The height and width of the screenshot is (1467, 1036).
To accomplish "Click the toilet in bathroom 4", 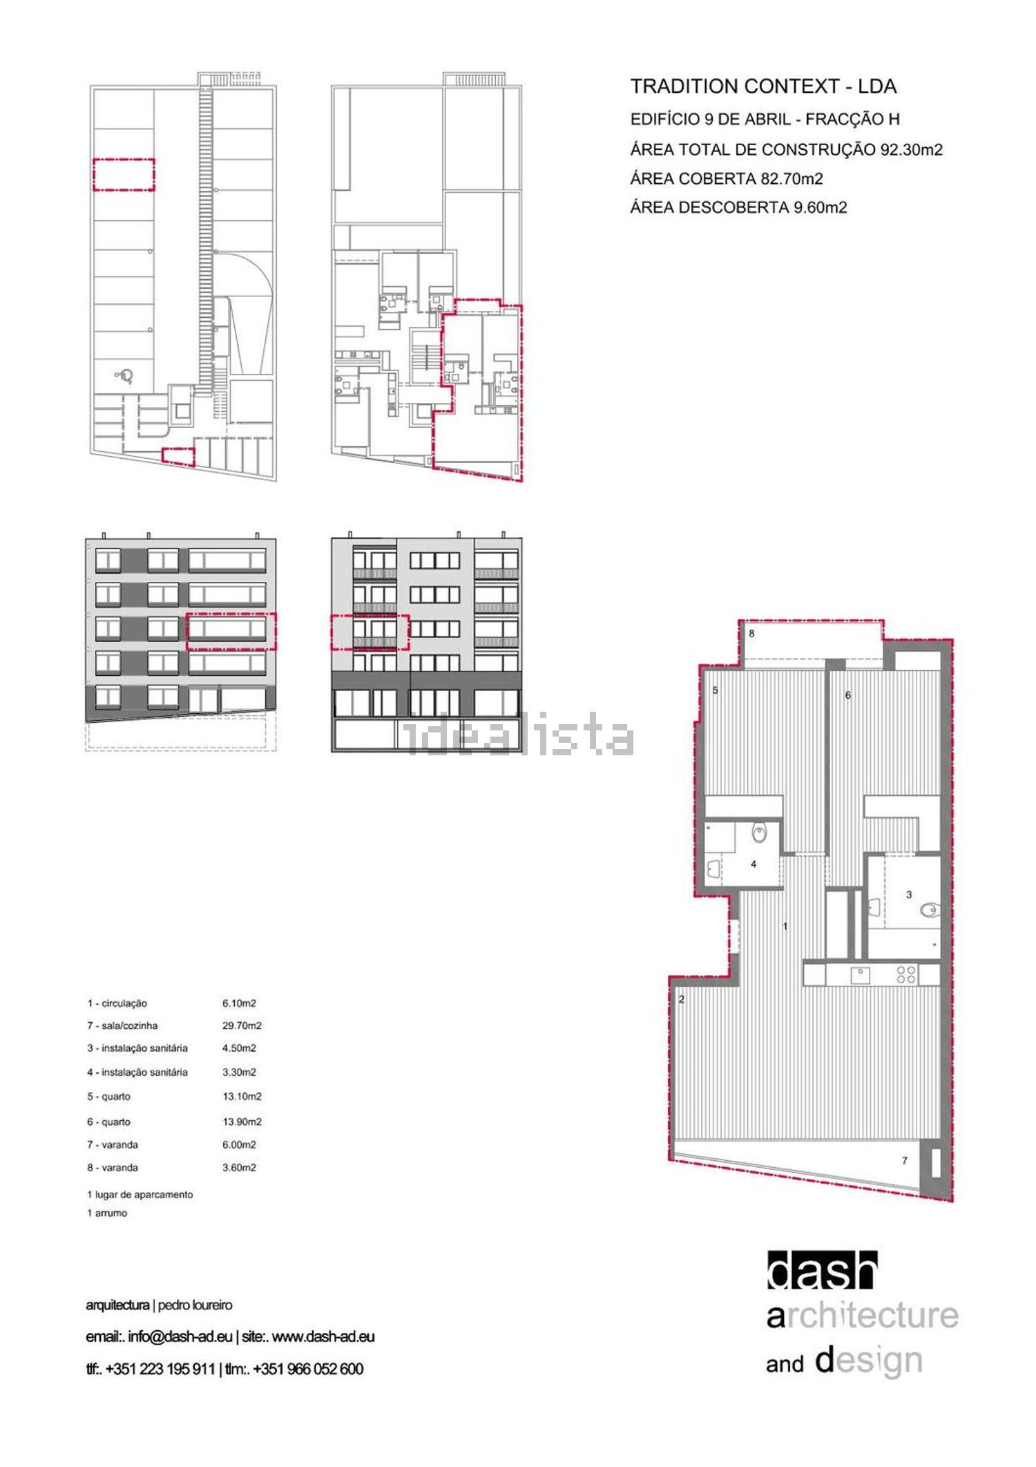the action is tap(760, 833).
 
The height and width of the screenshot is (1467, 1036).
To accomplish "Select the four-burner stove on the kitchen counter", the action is tap(906, 975).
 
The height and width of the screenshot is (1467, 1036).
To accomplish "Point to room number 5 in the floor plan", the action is tap(716, 690).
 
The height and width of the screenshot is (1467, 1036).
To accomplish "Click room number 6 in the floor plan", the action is tap(848, 695).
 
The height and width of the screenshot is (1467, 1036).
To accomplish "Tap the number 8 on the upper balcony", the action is tap(751, 633).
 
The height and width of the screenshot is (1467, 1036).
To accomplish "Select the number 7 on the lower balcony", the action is tap(905, 1160).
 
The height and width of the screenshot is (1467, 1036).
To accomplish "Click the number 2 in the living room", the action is tap(681, 999).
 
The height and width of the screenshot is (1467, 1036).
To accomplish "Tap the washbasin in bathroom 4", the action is tap(712, 869).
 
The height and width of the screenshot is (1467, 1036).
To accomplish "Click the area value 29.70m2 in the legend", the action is tap(242, 1025).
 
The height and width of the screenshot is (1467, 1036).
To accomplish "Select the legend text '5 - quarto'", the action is tap(108, 1097).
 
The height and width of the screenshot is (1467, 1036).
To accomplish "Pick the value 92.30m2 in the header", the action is tap(911, 149).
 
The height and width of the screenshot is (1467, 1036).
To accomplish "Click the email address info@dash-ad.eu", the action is tap(180, 1336).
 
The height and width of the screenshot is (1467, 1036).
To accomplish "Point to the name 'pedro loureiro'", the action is tap(195, 1305).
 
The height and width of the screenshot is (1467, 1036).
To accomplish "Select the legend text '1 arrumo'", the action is tap(107, 1213).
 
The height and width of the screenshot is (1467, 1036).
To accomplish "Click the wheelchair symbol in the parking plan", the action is tap(126, 376).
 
